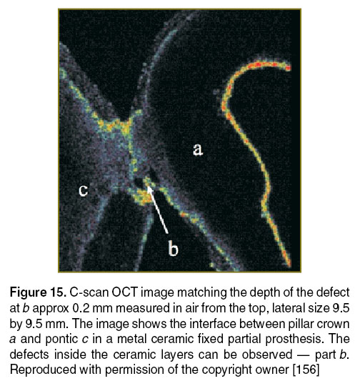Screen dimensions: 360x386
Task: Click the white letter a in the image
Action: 198,149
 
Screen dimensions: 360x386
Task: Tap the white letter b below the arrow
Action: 174,248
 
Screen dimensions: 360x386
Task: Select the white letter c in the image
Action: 83,190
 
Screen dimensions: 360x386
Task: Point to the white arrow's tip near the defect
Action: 148,187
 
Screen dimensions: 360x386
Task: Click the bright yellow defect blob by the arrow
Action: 141,196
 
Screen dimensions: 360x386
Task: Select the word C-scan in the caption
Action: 89,292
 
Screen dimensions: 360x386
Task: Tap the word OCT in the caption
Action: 125,292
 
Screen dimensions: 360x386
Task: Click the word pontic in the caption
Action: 61,340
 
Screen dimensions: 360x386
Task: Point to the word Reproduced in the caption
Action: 44,370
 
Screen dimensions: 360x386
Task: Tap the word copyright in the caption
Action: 229,370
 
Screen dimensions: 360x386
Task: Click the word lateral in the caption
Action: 289,308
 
